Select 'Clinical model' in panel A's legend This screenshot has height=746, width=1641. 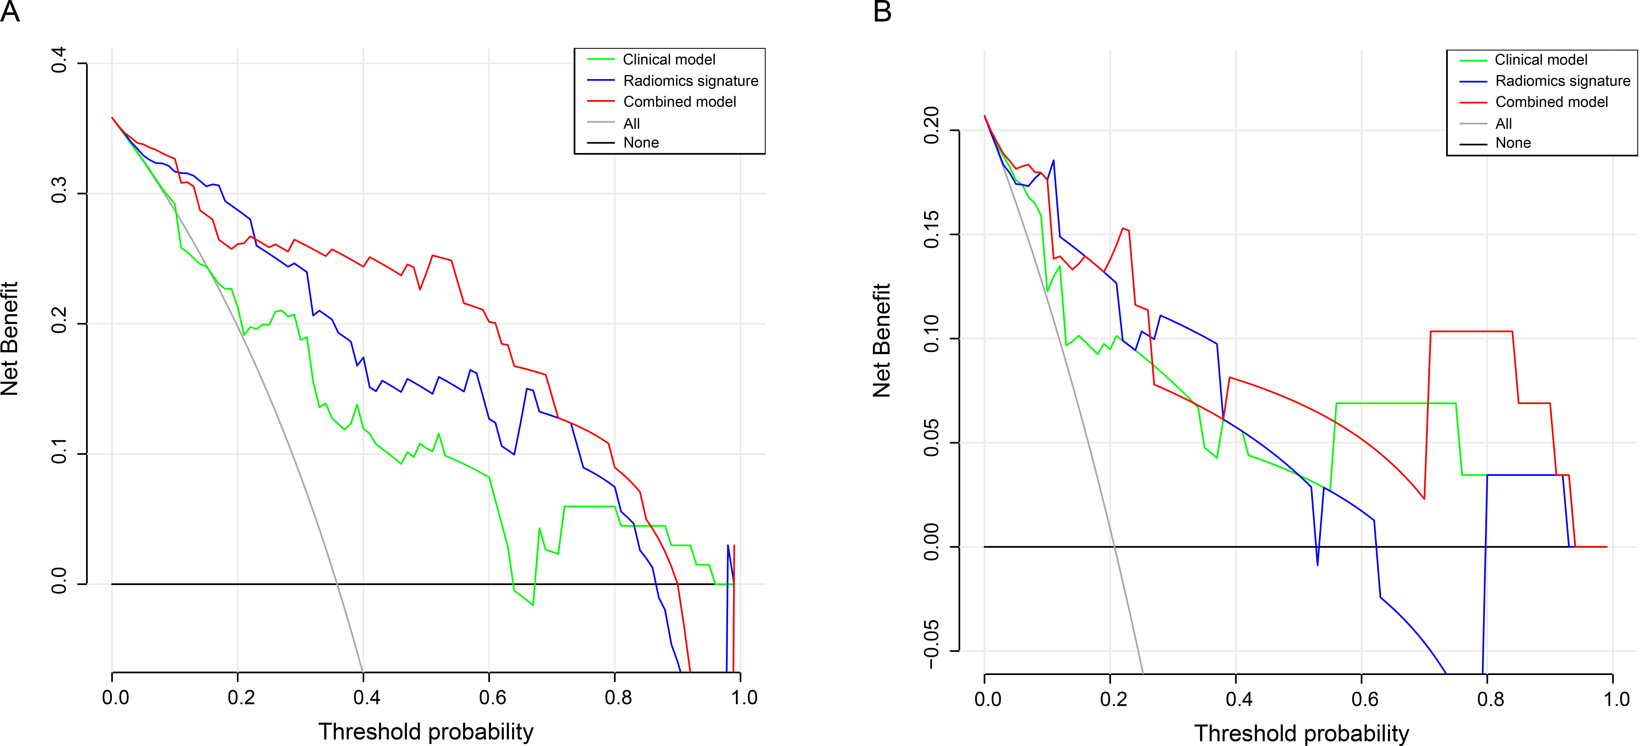[669, 59]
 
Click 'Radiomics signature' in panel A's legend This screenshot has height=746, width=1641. [691, 81]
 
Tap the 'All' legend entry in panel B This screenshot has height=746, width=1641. [1503, 123]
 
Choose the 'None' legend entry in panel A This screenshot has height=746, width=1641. [641, 143]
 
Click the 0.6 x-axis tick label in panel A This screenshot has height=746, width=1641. [492, 698]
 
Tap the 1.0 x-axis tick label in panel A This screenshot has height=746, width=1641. [743, 698]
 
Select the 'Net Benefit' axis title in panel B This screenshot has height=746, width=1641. [882, 340]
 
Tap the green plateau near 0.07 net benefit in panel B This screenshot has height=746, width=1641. [1395, 403]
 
